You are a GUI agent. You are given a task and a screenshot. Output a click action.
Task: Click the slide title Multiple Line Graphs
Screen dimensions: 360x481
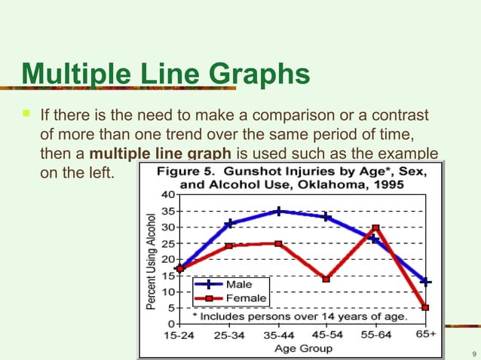click(165, 75)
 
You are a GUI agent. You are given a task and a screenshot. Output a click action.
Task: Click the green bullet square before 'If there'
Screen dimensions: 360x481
click(26, 115)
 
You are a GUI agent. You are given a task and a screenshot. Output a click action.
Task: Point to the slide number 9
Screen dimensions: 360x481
click(472, 353)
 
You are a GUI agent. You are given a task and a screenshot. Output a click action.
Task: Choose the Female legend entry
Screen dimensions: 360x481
click(246, 298)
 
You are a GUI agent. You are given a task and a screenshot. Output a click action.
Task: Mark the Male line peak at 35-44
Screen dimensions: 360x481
click(278, 212)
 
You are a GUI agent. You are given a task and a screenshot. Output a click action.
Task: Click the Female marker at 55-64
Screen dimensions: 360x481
click(375, 227)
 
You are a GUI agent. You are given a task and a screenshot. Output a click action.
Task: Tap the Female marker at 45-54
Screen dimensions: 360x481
click(326, 279)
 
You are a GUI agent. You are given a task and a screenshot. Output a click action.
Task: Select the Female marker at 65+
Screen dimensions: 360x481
click(425, 307)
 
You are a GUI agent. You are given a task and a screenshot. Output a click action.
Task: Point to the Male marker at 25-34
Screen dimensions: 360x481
click(229, 224)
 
